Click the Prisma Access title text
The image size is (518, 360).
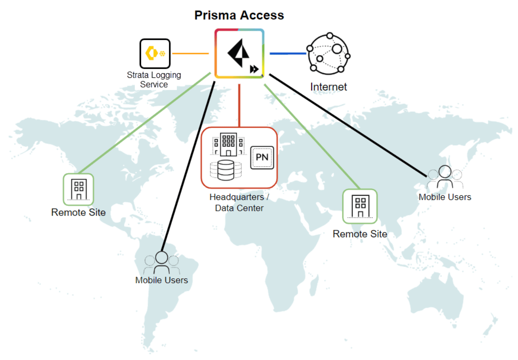239,16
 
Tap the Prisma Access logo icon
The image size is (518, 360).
239,53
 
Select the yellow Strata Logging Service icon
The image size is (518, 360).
155,53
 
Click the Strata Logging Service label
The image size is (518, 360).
154,80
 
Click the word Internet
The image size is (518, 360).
328,87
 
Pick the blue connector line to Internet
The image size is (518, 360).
288,53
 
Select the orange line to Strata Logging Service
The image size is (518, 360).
190,53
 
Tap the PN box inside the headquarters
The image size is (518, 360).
262,157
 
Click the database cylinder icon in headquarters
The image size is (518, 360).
226,170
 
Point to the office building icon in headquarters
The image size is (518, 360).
228,144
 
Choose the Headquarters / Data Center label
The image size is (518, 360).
239,202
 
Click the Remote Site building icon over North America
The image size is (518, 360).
78,189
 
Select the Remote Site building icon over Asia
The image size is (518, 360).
360,206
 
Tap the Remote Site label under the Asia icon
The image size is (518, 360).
360,234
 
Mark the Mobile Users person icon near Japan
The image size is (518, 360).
445,177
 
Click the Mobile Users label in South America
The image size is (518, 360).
161,280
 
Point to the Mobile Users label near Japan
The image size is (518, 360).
445,197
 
